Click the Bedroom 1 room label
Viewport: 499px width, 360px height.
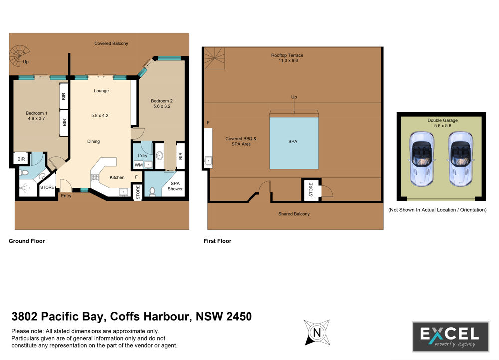click(x=36, y=113)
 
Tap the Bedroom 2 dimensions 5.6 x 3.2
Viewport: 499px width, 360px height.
click(x=162, y=106)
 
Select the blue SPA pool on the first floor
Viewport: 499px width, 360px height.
click(x=294, y=143)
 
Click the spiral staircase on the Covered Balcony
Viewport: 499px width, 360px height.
click(x=19, y=56)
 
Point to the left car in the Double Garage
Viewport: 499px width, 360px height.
click(x=421, y=159)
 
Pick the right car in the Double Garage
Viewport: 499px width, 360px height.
click(x=461, y=159)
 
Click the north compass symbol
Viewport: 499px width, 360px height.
click(x=317, y=333)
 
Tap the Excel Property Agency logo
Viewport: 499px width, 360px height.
click(x=450, y=337)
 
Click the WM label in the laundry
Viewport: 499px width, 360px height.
click(x=138, y=165)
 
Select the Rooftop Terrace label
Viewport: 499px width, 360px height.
click(x=287, y=55)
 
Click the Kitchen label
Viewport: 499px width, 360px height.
click(x=117, y=177)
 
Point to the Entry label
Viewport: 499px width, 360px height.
click(x=66, y=196)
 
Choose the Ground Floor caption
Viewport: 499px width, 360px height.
click(x=27, y=241)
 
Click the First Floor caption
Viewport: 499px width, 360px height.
click(x=217, y=241)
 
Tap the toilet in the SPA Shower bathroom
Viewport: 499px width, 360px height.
click(x=152, y=191)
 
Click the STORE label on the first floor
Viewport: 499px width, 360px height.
click(x=311, y=189)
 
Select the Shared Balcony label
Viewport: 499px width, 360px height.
click(x=294, y=214)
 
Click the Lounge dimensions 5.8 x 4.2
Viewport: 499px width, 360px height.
click(x=100, y=116)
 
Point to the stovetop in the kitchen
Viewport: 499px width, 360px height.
click(x=94, y=178)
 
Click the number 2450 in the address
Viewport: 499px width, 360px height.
click(x=239, y=317)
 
